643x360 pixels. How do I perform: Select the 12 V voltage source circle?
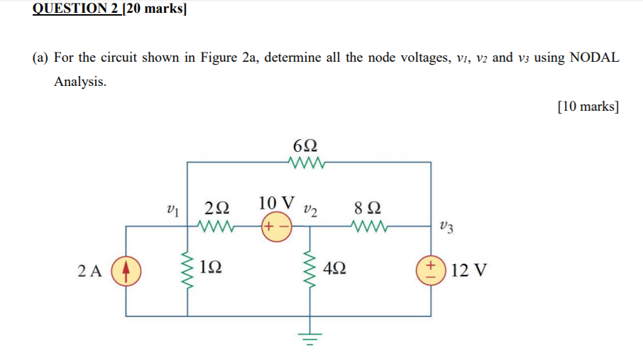coord(431,271)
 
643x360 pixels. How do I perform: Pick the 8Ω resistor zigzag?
coord(368,228)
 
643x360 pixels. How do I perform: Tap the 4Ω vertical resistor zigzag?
coord(309,271)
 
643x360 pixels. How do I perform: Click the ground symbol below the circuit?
coord(309,339)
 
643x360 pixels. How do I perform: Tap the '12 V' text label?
coord(468,271)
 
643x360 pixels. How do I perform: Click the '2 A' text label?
coord(90,271)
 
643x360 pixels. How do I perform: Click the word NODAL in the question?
coord(594,58)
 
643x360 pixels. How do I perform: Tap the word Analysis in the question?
coord(80,82)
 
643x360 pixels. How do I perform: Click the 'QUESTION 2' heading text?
coord(77,10)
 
